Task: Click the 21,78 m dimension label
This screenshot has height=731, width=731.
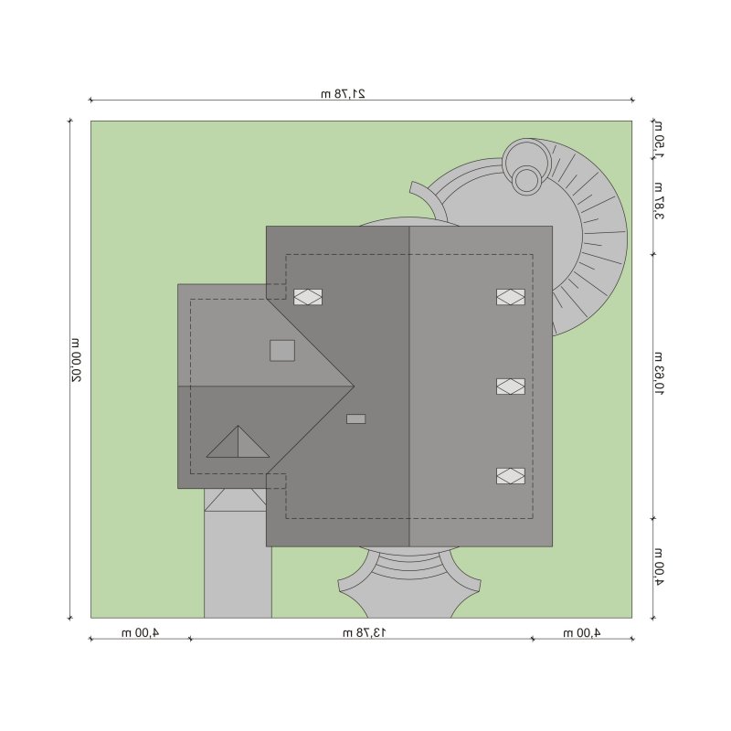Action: (x=344, y=94)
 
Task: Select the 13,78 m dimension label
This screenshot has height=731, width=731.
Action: (x=364, y=632)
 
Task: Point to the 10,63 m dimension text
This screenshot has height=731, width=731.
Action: (x=659, y=374)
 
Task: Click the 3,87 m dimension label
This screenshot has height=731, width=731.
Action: (x=659, y=200)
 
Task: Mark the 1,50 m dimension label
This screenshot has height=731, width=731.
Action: (x=659, y=139)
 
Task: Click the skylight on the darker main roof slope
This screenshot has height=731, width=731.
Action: (x=308, y=297)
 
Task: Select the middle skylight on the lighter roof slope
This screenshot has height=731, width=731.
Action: (x=511, y=387)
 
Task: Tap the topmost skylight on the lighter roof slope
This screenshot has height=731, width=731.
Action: (x=511, y=297)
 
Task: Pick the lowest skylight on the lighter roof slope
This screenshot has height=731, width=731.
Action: (x=511, y=476)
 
